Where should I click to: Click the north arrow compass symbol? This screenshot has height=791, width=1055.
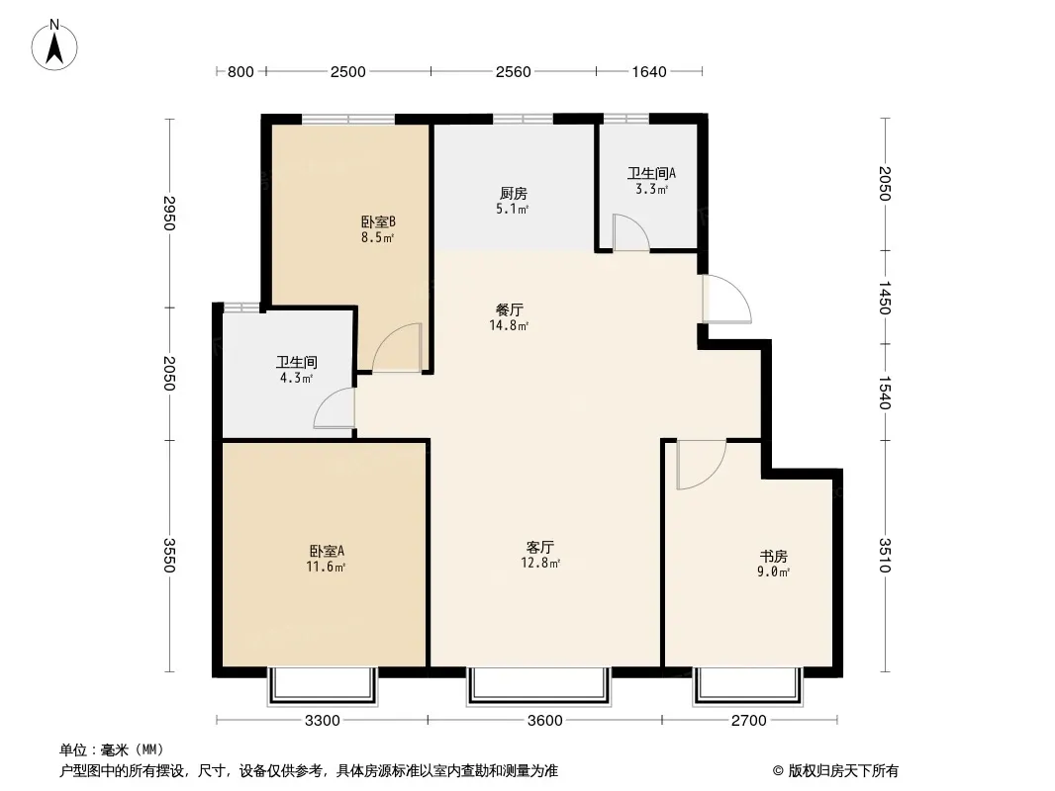(x=54, y=45)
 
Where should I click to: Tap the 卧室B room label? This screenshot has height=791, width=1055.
(x=378, y=221)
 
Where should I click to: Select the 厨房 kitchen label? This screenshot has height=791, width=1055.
(x=514, y=194)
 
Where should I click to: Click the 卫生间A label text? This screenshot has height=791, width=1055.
(x=651, y=173)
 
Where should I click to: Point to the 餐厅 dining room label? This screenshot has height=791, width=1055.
(x=510, y=309)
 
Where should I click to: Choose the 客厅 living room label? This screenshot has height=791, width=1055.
(x=540, y=547)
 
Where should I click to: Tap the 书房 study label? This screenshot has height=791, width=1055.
(x=773, y=557)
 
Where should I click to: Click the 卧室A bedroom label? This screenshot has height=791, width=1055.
(x=327, y=551)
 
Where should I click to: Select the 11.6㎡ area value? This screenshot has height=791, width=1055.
(x=327, y=568)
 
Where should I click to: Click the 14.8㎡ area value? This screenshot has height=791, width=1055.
(x=510, y=326)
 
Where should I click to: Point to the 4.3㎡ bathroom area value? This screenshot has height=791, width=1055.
(x=297, y=379)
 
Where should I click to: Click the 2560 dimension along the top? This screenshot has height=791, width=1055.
(x=514, y=72)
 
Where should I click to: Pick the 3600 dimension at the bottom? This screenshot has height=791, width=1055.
(x=545, y=721)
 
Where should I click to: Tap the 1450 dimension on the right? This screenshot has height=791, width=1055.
(x=885, y=298)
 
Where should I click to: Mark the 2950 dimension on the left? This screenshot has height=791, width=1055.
(x=169, y=213)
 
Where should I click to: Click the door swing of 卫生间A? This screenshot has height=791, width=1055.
(x=631, y=232)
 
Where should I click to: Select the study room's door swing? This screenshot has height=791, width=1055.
(x=701, y=465)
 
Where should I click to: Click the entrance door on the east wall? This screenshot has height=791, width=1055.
(x=726, y=299)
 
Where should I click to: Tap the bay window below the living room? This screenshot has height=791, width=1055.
(x=539, y=686)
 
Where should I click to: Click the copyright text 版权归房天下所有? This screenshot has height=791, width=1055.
(x=843, y=771)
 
